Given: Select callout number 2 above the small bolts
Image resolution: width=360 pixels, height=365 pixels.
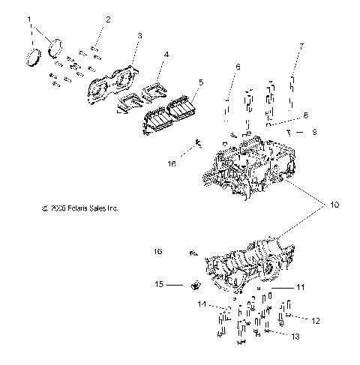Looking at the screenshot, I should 108,19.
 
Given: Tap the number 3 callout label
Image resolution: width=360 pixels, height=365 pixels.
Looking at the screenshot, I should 139,35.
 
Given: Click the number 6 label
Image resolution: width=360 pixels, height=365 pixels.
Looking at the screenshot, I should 238,67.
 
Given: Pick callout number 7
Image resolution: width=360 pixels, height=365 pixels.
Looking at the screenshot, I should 301,46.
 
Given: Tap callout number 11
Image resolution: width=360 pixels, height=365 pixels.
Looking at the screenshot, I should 300,287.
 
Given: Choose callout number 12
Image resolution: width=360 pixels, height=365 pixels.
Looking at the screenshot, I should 316,321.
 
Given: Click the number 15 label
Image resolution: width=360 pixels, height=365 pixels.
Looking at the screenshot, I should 159,285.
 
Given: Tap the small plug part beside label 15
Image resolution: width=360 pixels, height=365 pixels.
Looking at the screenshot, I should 195,284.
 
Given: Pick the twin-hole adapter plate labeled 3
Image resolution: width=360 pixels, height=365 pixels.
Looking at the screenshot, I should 112,82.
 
